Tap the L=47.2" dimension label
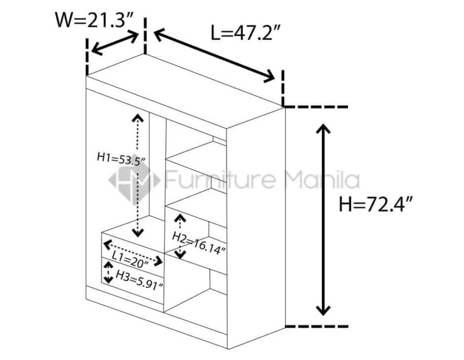(x=245, y=32)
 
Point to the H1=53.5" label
(x=121, y=160)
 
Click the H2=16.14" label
(x=199, y=243)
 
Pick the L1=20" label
(x=130, y=260)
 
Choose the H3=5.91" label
(x=139, y=279)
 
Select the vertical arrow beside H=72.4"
(x=323, y=220)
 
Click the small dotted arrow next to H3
(x=108, y=272)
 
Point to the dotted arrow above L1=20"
(x=133, y=253)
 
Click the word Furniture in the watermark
(x=220, y=179)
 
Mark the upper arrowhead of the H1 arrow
(x=138, y=118)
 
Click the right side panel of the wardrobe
(x=256, y=228)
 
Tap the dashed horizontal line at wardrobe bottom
(x=316, y=326)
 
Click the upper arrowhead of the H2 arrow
(x=180, y=219)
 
